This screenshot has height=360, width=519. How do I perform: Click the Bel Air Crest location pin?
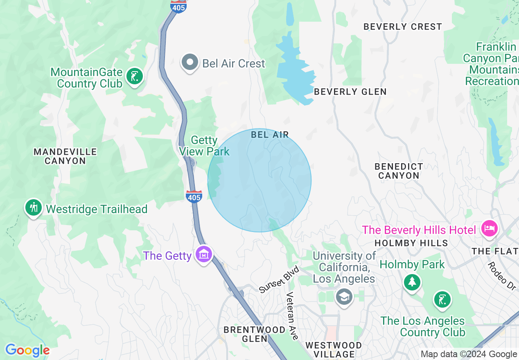190,63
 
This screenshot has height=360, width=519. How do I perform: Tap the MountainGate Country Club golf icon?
134,76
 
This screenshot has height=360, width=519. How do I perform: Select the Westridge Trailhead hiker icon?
34,208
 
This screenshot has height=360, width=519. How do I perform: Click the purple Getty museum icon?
203,255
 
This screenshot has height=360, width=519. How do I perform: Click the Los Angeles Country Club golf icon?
442,300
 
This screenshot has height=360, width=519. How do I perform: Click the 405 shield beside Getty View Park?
194,196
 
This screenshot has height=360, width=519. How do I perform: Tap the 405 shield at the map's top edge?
179,6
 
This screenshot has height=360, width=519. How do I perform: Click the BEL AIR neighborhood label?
270,135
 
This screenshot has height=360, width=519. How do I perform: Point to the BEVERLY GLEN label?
350,92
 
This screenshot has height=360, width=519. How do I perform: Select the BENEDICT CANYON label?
399,171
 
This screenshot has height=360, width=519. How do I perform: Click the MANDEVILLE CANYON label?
65,156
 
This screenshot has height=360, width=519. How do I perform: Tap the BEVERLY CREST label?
403,27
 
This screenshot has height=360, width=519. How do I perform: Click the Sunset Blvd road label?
280,279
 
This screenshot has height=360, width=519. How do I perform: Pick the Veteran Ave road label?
292,315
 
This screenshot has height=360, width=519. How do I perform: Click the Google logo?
27,350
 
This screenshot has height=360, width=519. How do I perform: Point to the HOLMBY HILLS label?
411,243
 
